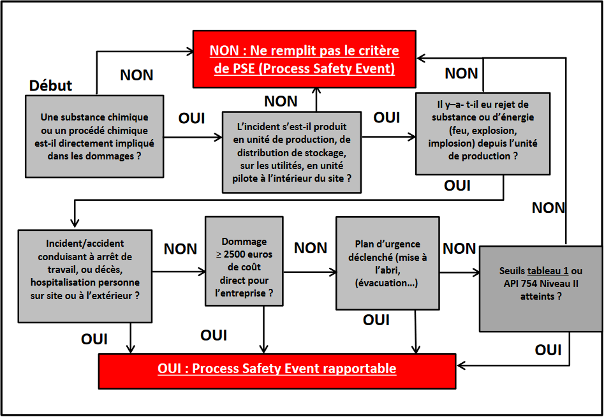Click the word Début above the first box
tap(51, 85)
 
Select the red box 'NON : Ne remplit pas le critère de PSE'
tap(304, 59)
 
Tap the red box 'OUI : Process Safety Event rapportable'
tap(277, 369)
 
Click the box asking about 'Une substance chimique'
tap(94, 136)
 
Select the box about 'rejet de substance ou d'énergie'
tap(483, 133)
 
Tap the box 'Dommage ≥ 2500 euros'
tap(244, 261)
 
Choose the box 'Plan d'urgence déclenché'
tap(387, 263)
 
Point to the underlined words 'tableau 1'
tap(547, 271)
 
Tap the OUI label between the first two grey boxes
tap(191, 119)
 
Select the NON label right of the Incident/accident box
tap(180, 249)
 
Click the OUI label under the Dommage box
tap(214, 335)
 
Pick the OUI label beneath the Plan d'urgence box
tap(376, 320)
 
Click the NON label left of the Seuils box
tap(459, 249)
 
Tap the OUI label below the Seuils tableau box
tap(548, 350)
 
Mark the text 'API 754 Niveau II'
tap(540, 284)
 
